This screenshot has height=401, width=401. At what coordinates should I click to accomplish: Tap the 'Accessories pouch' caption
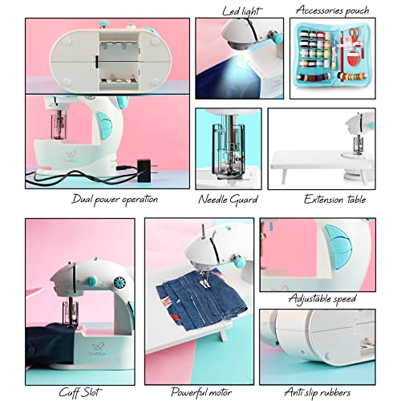[331, 10]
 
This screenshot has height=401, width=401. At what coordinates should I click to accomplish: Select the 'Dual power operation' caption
[114, 199]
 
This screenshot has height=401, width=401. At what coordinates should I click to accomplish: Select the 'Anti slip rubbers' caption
[319, 392]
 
